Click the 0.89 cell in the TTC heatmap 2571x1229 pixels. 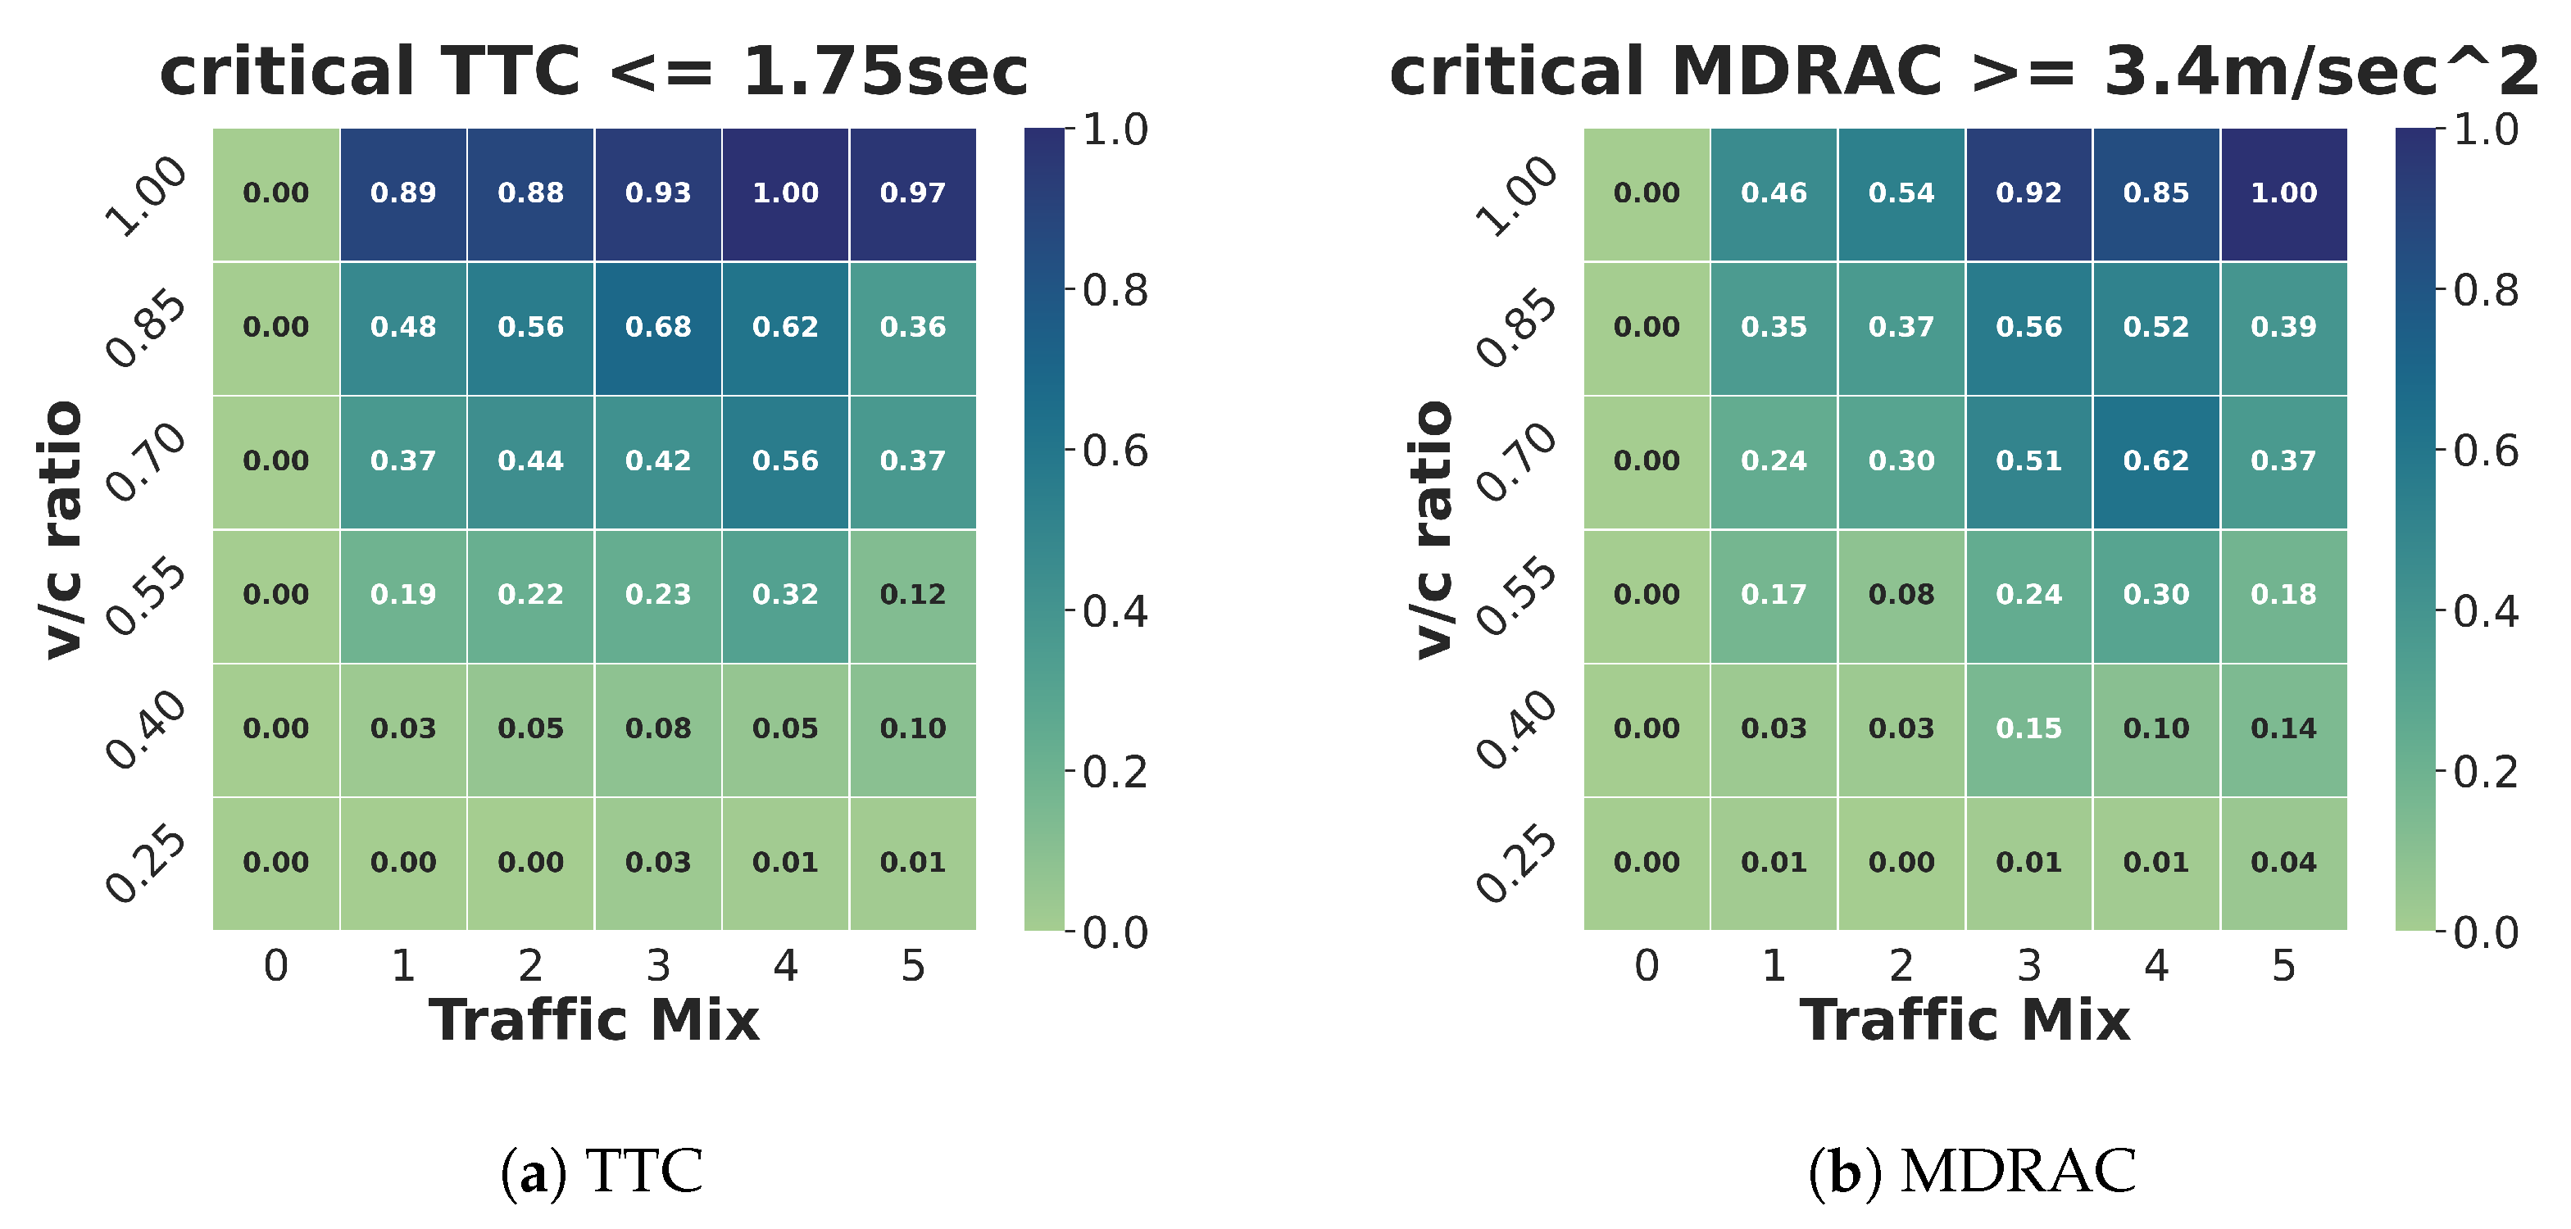pos(403,193)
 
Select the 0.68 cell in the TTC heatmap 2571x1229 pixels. pos(658,327)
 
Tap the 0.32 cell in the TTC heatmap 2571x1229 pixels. pos(785,595)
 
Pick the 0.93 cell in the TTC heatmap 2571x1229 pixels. pos(658,193)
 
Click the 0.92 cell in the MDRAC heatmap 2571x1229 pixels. pos(2028,193)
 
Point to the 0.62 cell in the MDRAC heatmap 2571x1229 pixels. pos(2155,460)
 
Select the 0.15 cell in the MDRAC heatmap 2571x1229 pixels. pos(2028,728)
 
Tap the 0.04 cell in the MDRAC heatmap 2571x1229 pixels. pos(2283,862)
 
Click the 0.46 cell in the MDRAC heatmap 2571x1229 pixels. pos(1774,193)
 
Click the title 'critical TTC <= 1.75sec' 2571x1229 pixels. pos(594,72)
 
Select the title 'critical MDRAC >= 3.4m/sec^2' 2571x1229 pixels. pos(1965,72)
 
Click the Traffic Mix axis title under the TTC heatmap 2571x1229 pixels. pos(594,1021)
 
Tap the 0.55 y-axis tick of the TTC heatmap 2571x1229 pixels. pos(147,596)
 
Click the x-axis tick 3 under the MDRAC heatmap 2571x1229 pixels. pos(2028,966)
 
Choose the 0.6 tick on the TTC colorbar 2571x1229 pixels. pos(1115,452)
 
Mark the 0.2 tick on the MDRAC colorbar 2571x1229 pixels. pos(2485,772)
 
